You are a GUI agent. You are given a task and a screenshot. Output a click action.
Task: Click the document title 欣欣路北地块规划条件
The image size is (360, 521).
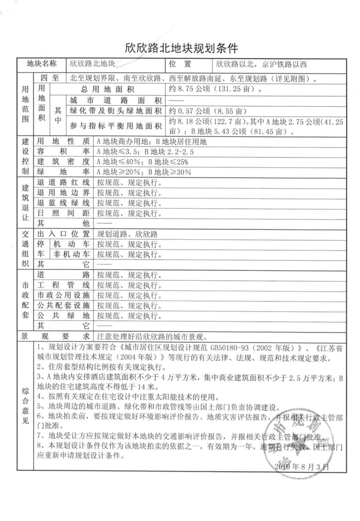point(181,48)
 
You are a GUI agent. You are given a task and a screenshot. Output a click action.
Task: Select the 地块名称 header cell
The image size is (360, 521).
point(41,64)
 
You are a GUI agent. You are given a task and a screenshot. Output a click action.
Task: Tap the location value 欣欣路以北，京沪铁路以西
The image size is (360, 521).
point(261,64)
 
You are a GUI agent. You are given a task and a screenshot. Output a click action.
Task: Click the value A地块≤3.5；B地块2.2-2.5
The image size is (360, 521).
point(145,152)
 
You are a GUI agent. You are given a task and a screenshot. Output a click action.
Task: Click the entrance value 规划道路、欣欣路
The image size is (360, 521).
point(127,234)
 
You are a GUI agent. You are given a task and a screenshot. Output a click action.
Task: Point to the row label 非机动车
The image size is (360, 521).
point(71,254)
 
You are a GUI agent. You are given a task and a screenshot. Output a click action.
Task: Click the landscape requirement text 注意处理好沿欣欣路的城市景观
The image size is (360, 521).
point(152,337)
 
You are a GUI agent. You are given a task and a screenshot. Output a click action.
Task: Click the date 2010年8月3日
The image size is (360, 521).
point(301,466)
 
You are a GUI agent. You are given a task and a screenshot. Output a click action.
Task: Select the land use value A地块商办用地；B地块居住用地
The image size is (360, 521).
point(152,142)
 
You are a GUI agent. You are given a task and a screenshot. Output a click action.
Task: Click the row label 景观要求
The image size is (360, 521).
point(55,336)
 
